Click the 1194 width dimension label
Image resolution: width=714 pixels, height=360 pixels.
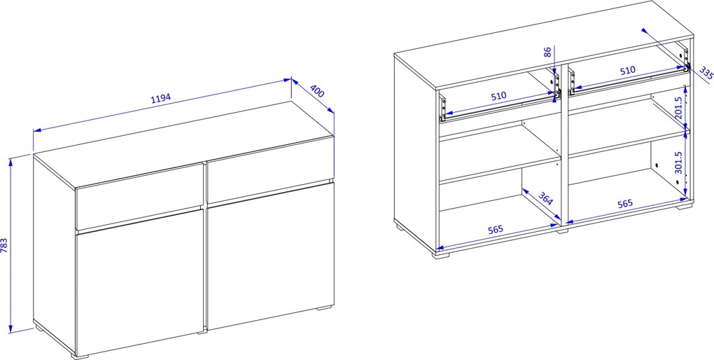point(160,99)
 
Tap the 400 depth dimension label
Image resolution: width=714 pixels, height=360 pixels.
point(317,91)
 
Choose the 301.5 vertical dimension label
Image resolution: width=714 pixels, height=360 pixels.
point(678,162)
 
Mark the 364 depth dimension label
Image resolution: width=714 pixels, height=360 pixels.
point(545,198)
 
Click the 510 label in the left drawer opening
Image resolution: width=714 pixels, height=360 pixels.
point(498,96)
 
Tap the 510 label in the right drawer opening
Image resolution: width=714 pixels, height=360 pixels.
point(628,71)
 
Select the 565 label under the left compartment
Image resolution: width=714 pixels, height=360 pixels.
point(495,229)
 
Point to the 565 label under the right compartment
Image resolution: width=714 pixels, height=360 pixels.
point(625,204)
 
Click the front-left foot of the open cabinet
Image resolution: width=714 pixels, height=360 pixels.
point(440,254)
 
